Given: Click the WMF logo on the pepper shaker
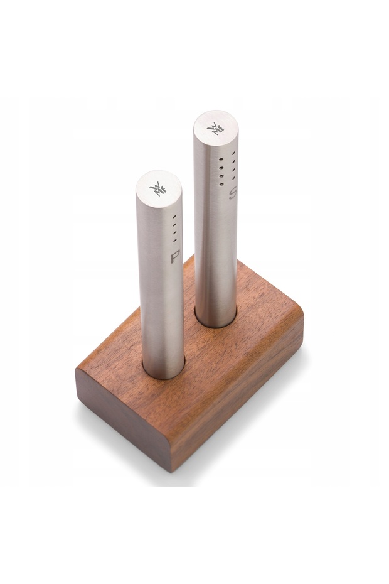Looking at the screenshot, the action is coord(158,189).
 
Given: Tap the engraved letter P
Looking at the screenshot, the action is coord(175,257).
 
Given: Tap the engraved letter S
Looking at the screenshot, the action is coord(232,194).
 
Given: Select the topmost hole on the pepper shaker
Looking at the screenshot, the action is coord(174,217).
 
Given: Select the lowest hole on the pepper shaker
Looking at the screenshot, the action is coord(174,241).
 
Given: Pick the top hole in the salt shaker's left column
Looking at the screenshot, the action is coord(221,160).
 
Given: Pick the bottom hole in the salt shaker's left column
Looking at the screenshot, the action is coord(221,184).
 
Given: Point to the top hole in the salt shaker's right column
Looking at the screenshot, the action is coord(233,153).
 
